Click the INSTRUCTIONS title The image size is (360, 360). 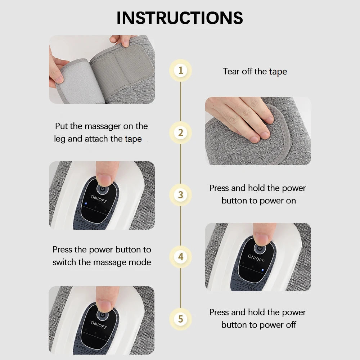tap(180, 18)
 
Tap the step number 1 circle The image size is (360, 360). tap(181, 70)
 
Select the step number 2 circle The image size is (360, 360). tap(181, 132)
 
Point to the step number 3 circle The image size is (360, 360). tap(181, 195)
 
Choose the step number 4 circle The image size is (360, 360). tap(181, 257)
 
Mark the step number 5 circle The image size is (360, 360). tap(181, 319)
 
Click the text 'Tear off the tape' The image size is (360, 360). tap(255, 71)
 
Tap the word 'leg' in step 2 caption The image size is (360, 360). tap(60, 139)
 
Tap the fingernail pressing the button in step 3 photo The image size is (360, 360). tap(104, 179)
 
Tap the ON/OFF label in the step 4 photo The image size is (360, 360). tap(256, 258)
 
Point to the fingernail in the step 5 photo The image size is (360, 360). tap(104, 305)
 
